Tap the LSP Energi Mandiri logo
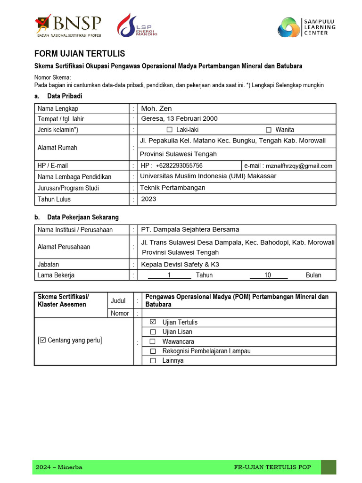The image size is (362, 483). click(x=137, y=25)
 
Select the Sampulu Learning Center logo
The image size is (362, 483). click(x=306, y=27)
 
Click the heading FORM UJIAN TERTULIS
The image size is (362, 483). click(x=80, y=54)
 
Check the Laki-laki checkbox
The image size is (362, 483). click(x=170, y=130)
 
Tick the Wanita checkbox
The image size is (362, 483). click(x=269, y=130)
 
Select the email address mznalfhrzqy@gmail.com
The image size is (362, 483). click(x=299, y=166)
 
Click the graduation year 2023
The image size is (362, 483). click(x=148, y=199)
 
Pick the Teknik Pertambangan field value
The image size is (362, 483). click(x=173, y=188)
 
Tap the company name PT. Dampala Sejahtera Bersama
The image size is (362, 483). click(x=190, y=230)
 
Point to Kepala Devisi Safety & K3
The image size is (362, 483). click(x=180, y=264)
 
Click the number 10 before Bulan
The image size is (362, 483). click(x=268, y=275)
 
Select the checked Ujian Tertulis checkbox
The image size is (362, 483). click(x=152, y=322)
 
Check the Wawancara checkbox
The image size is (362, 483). click(x=152, y=341)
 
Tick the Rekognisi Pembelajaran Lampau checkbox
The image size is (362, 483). click(x=152, y=351)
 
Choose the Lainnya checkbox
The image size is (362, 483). click(x=152, y=361)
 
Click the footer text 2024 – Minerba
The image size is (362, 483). click(x=59, y=467)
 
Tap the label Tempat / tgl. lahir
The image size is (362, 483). click(x=61, y=119)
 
